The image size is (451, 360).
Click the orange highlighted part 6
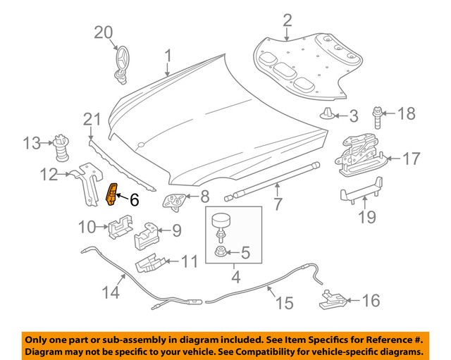click(113, 195)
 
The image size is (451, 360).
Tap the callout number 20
click(104, 32)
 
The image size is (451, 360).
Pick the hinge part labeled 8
click(174, 200)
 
